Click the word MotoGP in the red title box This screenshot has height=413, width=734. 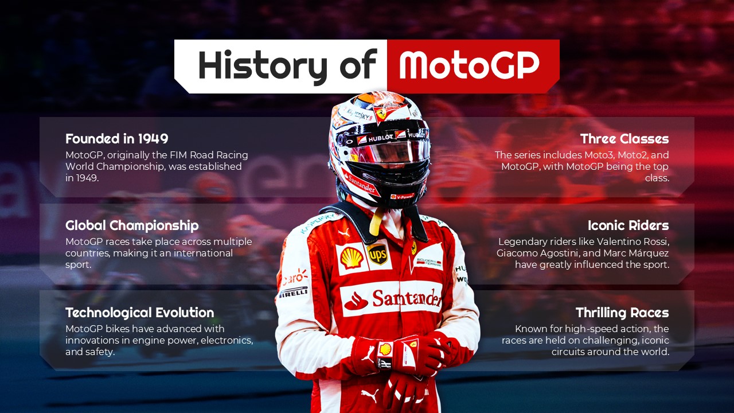click(x=469, y=65)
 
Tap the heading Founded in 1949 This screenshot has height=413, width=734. click(x=116, y=139)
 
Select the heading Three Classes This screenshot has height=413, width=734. click(x=624, y=139)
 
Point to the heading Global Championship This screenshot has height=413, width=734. click(x=132, y=225)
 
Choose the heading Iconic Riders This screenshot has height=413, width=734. click(x=628, y=225)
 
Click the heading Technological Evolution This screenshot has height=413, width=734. click(x=139, y=313)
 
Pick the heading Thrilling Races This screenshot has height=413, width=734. click(x=622, y=313)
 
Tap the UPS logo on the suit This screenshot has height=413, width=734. click(x=377, y=254)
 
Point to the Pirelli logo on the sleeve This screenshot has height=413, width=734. click(x=294, y=292)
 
